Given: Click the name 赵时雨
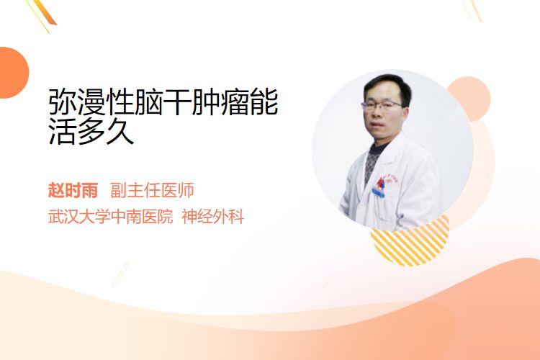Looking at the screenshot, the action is click(x=73, y=190).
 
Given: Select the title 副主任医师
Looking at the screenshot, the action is click(x=152, y=190).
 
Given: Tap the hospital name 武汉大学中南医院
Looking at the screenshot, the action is click(x=110, y=217).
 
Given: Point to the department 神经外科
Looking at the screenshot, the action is click(x=213, y=217).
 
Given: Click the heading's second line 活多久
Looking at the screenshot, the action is click(x=91, y=131).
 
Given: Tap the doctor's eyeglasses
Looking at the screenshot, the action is click(x=382, y=104).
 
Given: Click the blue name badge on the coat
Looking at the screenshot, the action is click(x=378, y=192).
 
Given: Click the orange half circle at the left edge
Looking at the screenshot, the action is click(x=14, y=73).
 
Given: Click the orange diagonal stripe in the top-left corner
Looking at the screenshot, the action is click(x=45, y=12).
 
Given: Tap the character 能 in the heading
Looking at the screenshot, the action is click(x=264, y=102).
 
